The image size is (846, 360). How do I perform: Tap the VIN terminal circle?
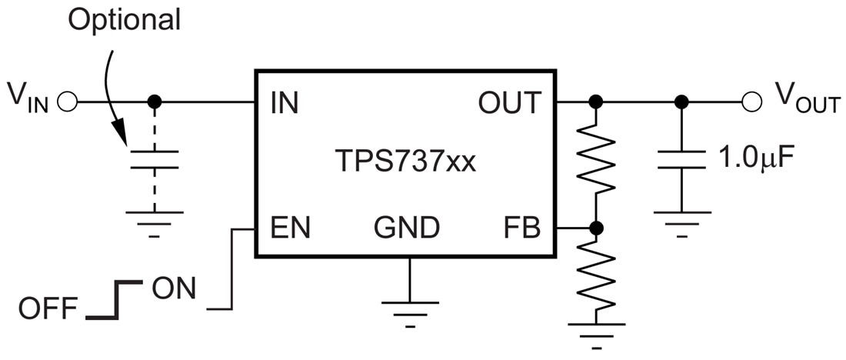click(x=67, y=102)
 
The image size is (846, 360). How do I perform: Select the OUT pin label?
click(x=510, y=103)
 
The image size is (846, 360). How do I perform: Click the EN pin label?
click(x=290, y=228)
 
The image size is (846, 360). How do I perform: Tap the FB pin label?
click(x=523, y=228)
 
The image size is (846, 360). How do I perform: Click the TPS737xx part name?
click(x=405, y=163)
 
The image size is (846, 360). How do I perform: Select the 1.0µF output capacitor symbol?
click(x=680, y=159)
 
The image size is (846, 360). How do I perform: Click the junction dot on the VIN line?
click(x=154, y=102)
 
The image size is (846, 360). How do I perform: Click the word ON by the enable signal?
click(x=173, y=289)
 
